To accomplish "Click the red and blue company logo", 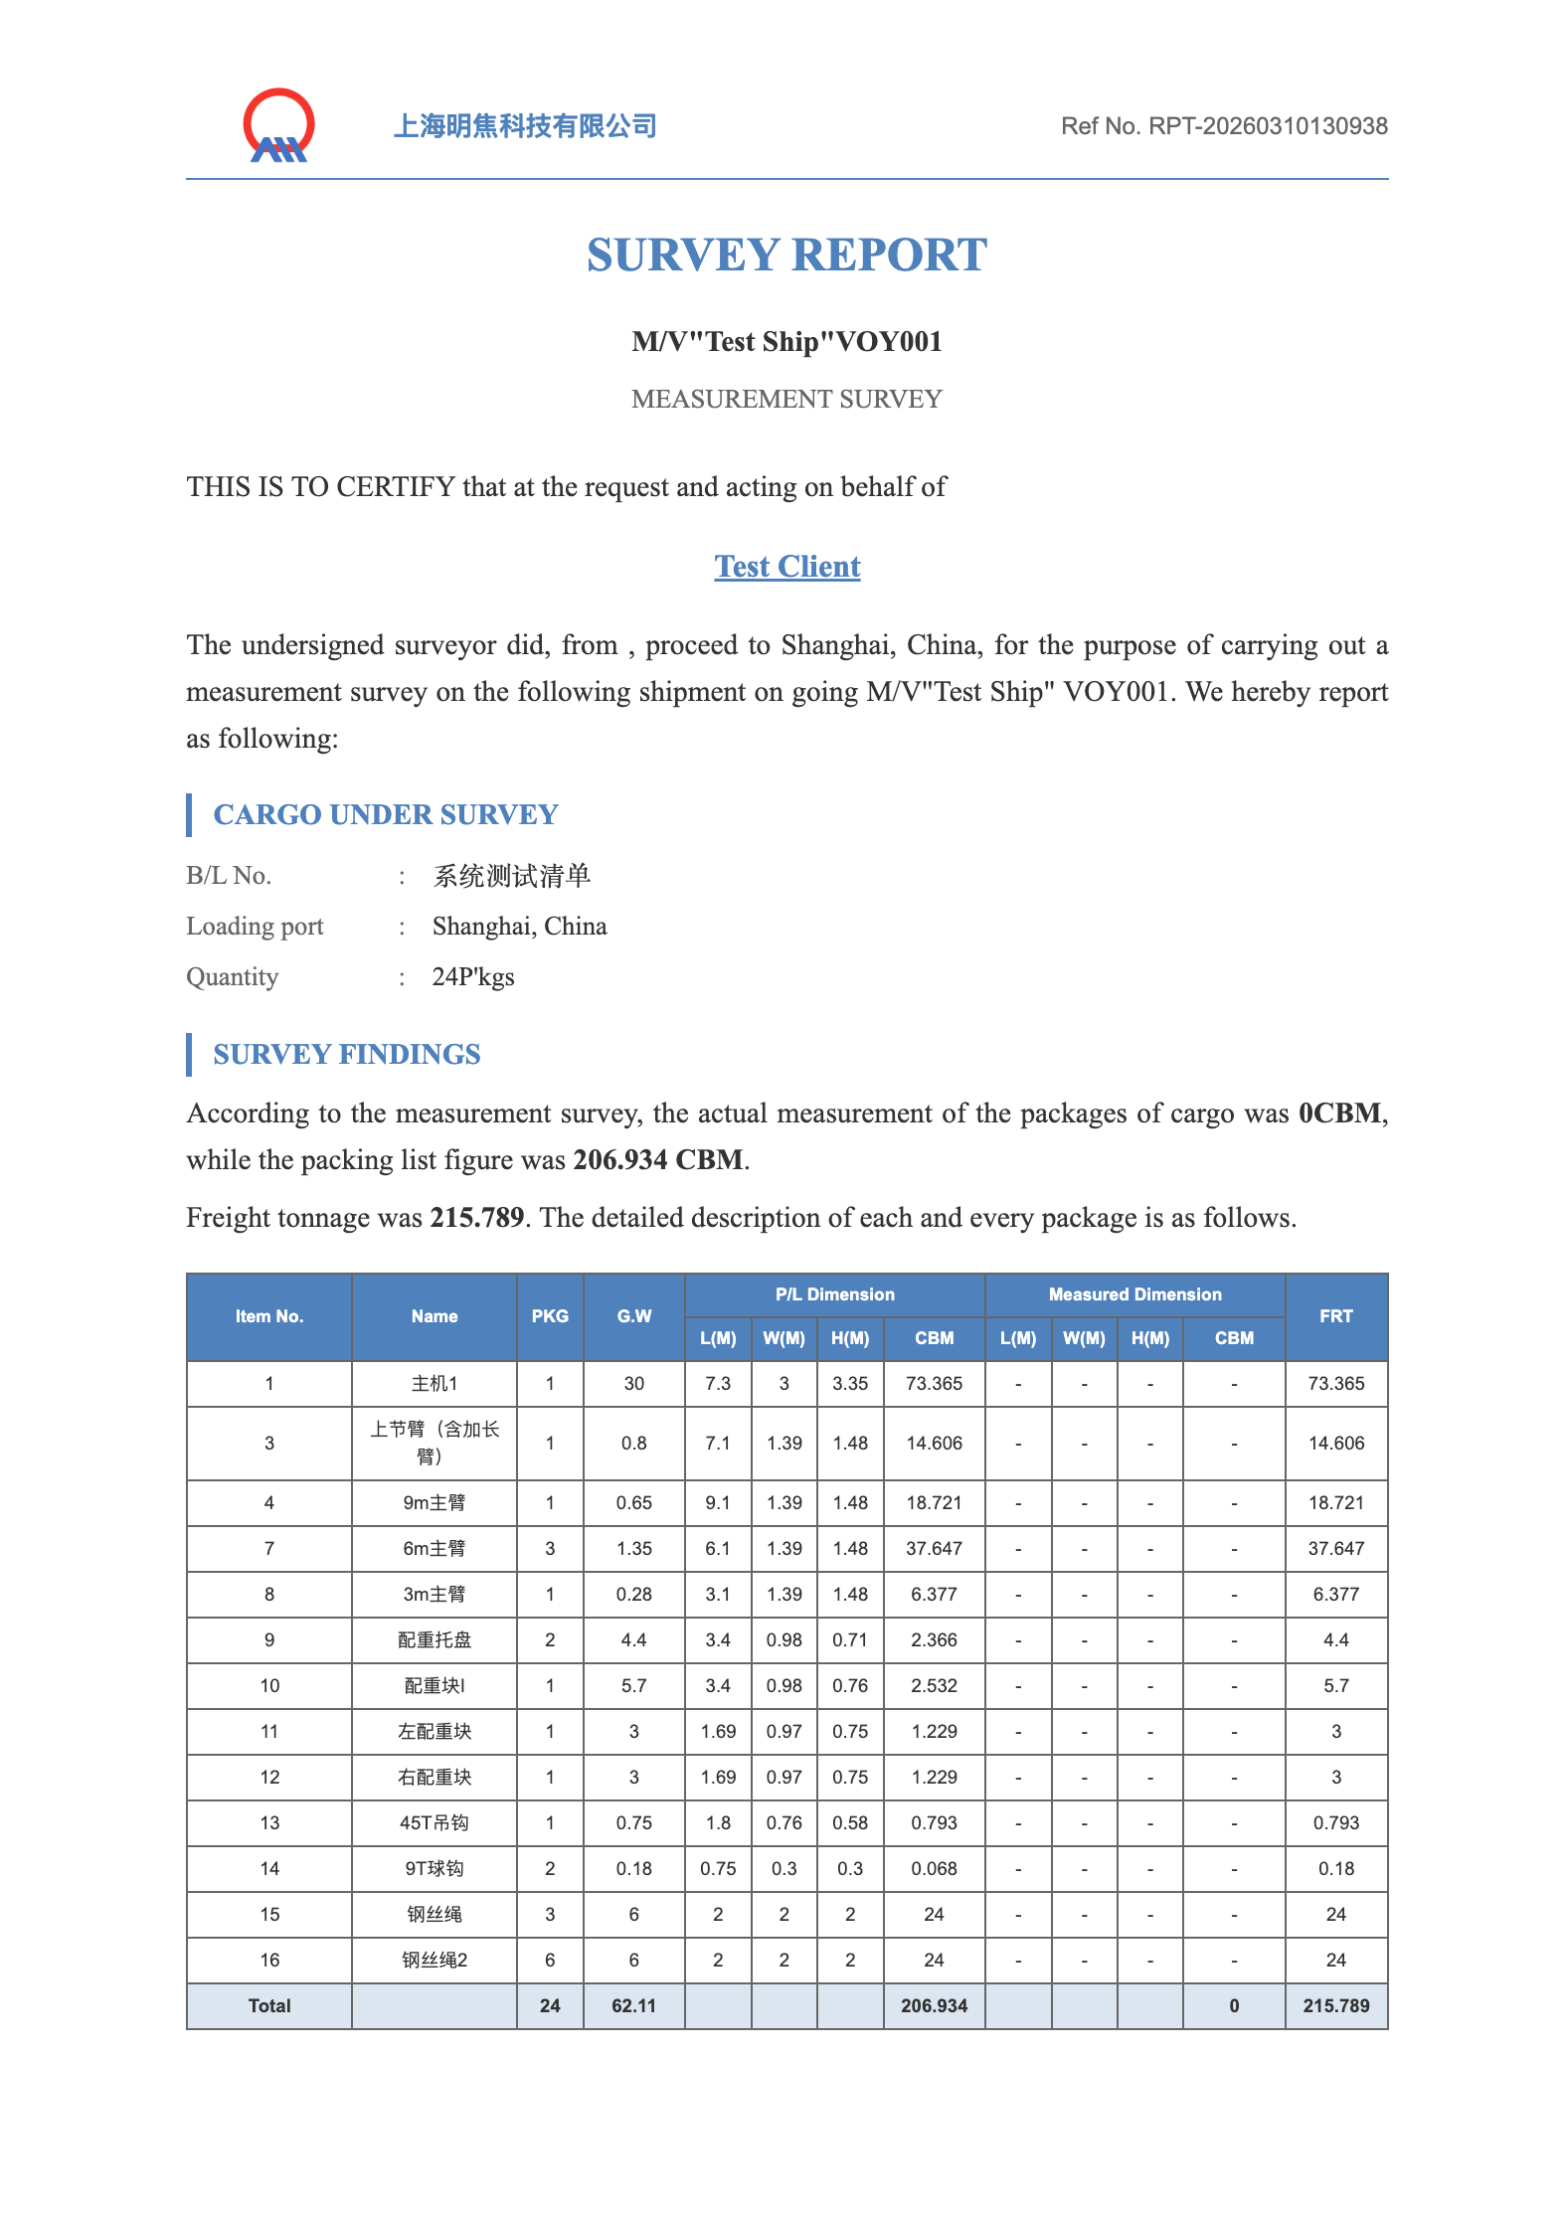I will click(279, 126).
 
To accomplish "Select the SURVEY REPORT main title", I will click(786, 256).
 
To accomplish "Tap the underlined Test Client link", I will click(786, 567).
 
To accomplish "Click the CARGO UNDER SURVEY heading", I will click(386, 815).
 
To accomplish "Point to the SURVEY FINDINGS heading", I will click(347, 1055).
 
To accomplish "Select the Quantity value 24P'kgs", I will click(473, 977).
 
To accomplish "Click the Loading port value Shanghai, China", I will click(519, 927).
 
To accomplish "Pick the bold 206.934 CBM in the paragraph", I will click(658, 1160).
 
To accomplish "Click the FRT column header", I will click(1335, 1316).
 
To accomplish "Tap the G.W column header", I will click(633, 1316).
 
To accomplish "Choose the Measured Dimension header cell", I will click(1134, 1294).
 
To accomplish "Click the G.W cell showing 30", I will click(633, 1384).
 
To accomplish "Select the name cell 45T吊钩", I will click(435, 1823).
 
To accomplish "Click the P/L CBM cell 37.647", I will click(934, 1549).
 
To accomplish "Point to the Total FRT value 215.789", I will click(1335, 2006).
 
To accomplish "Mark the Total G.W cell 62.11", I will click(633, 2006).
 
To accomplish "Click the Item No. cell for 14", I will click(269, 1869).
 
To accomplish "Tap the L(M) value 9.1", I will click(718, 1503).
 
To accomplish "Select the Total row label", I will click(269, 2006).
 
